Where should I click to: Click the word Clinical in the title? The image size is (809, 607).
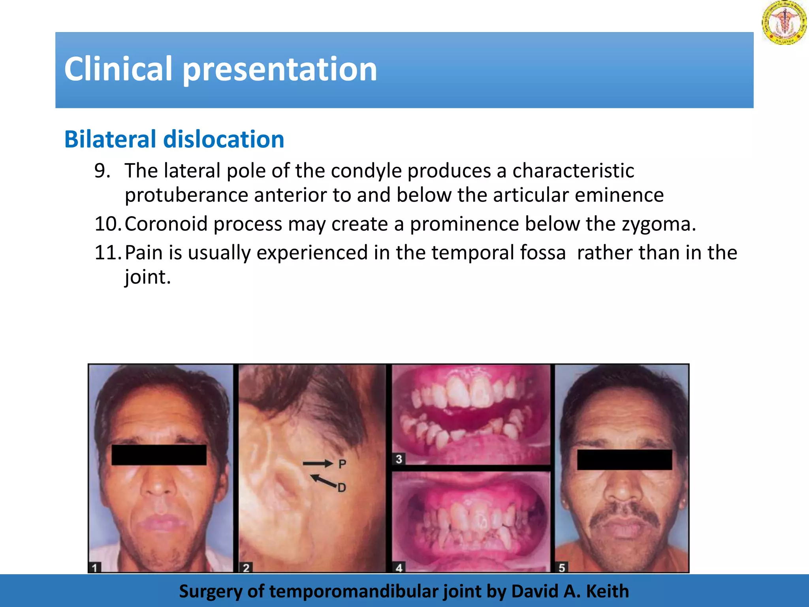click(118, 69)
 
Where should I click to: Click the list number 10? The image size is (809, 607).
click(107, 224)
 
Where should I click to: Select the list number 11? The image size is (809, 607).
click(107, 253)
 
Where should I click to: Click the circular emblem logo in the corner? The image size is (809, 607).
click(784, 23)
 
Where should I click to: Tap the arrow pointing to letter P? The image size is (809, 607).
click(318, 464)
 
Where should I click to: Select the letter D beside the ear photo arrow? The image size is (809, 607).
click(342, 488)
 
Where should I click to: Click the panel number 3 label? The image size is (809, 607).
click(399, 459)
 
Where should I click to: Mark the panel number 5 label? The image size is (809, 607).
click(562, 568)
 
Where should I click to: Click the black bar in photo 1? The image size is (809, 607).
click(159, 455)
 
